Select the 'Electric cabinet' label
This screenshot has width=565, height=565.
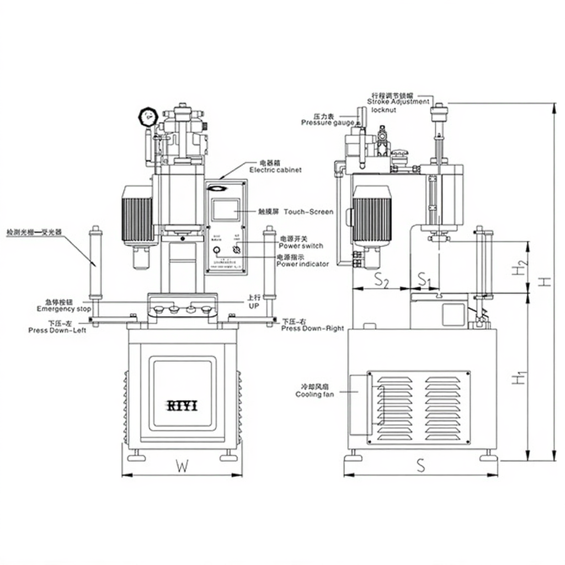point(275,170)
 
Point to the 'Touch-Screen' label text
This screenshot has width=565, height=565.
point(312,211)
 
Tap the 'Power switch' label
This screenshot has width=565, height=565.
point(301,246)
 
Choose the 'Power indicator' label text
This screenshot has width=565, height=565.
point(302,264)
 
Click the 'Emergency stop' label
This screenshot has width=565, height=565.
point(64,309)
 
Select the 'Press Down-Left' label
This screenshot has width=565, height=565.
point(57,330)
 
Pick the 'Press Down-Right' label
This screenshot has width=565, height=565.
point(312,328)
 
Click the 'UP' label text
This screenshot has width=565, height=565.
point(253,306)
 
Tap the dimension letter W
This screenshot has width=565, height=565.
point(182,466)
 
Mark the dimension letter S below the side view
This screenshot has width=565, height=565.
point(420,466)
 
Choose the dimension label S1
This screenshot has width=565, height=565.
point(424,279)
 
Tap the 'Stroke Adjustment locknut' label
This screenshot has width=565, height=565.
point(398,102)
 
